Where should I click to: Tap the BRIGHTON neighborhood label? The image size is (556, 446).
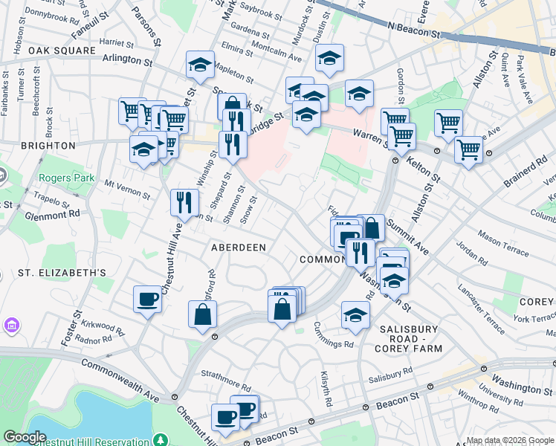[x=38, y=146]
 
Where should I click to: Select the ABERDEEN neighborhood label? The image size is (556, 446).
[x=239, y=246]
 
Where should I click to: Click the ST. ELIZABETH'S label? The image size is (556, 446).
[x=62, y=273]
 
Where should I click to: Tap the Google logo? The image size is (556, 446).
[x=25, y=437]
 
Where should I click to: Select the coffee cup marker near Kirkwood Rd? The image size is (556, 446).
[x=147, y=299]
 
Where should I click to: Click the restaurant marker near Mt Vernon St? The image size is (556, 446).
[x=184, y=201]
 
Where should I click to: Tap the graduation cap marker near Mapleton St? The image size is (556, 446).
[x=200, y=65]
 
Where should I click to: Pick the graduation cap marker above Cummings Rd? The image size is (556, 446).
[x=356, y=315]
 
